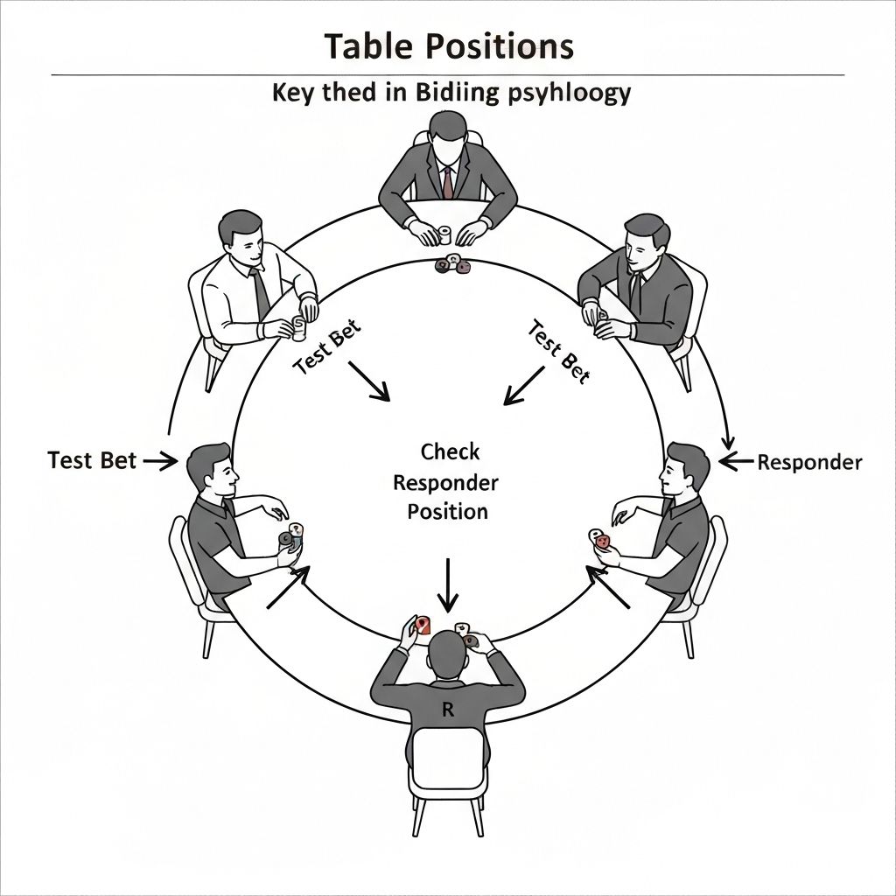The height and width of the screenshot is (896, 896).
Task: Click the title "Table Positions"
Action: coord(448,45)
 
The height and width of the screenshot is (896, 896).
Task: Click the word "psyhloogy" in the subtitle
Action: coord(570,94)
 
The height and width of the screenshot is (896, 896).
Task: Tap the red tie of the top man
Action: coord(448,182)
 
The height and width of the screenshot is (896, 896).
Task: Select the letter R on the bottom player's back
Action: coord(448,710)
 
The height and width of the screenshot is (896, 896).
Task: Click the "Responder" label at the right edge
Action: coord(809,462)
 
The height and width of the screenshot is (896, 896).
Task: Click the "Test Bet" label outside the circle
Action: coord(92,460)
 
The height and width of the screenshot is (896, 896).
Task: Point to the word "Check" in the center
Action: coord(450,452)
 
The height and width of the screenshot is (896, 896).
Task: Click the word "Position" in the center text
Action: coord(447,511)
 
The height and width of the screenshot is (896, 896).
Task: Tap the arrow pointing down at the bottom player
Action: coord(447,586)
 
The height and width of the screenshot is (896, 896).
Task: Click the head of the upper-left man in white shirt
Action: coord(240,232)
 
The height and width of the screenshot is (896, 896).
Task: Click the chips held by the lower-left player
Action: coord(290,537)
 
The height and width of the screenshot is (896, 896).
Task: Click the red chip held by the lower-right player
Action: coord(602,542)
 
